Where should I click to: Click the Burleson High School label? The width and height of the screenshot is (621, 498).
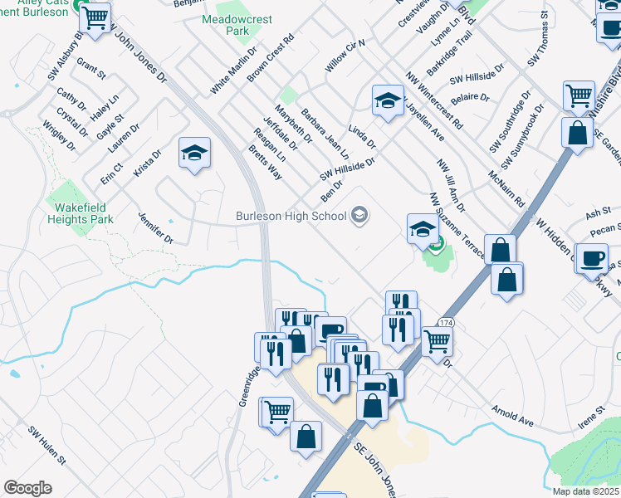[x=291, y=217]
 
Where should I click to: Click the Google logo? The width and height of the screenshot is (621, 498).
[x=27, y=488]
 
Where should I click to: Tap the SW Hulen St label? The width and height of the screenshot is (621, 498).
[x=46, y=447]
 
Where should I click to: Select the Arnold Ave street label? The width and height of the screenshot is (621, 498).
[x=511, y=415]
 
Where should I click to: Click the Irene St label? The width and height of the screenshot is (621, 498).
[x=592, y=416]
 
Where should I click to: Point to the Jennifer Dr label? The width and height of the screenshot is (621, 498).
[x=156, y=227]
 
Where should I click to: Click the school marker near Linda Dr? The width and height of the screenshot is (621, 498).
[x=386, y=101]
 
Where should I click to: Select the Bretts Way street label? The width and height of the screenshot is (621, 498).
[x=265, y=163]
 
